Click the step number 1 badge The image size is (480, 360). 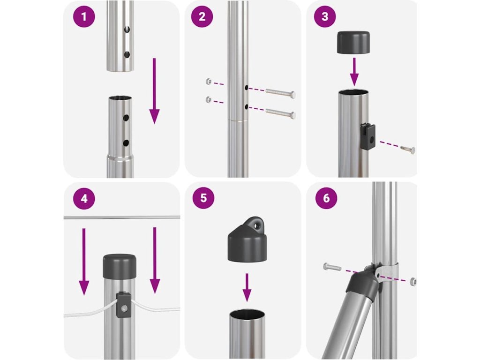(84, 16)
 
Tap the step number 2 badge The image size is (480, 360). (202, 16)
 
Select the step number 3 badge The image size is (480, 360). (325, 16)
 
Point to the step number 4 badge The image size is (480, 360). (84, 199)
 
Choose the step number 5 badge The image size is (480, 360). (203, 198)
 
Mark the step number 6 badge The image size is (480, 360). (326, 198)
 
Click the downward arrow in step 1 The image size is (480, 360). (154, 90)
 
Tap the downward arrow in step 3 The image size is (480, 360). (354, 72)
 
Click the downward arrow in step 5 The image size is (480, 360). (247, 287)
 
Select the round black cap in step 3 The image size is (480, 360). (353, 42)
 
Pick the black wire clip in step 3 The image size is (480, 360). (367, 136)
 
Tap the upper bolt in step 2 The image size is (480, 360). (281, 92)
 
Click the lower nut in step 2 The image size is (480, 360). (209, 99)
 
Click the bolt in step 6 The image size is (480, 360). (332, 267)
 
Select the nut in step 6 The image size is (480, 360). (412, 281)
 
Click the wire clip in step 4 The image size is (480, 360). (124, 305)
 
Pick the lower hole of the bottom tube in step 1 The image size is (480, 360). (126, 143)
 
